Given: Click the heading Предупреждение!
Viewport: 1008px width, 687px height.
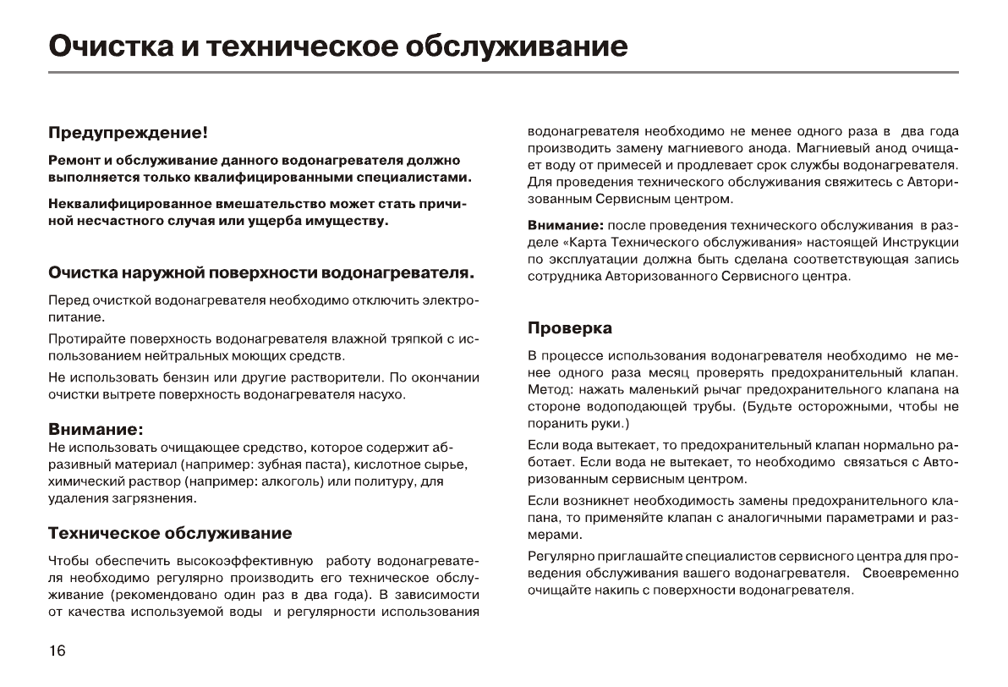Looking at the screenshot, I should (128, 133).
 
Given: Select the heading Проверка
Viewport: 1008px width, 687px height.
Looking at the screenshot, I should (570, 327).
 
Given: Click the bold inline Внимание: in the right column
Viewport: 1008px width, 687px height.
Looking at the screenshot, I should (565, 226).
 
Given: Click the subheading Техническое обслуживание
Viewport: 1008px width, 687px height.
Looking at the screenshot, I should (170, 533).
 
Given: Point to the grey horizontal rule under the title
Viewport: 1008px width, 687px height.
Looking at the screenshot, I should (504, 73).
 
